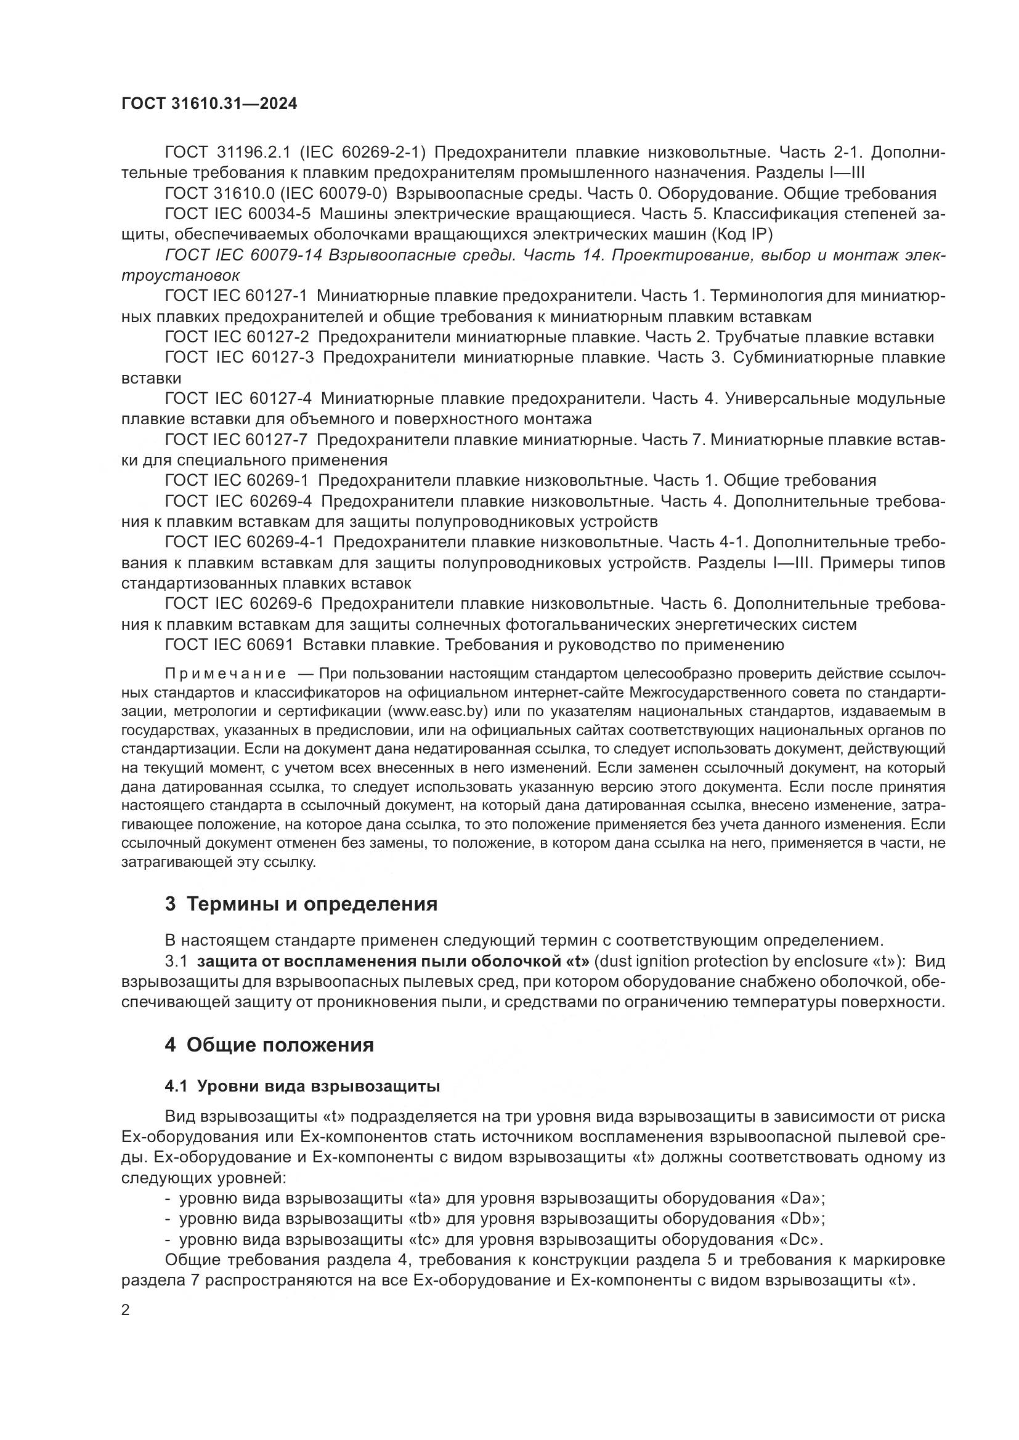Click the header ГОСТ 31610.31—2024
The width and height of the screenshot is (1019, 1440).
click(209, 104)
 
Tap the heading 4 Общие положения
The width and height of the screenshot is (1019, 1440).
click(269, 1045)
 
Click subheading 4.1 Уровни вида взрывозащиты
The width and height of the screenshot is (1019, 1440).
click(302, 1086)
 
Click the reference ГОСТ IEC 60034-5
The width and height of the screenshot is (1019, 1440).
click(237, 214)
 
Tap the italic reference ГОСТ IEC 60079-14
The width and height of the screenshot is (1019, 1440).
click(243, 255)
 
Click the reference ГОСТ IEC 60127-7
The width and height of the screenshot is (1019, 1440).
click(237, 440)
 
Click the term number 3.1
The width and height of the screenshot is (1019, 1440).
click(176, 962)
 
